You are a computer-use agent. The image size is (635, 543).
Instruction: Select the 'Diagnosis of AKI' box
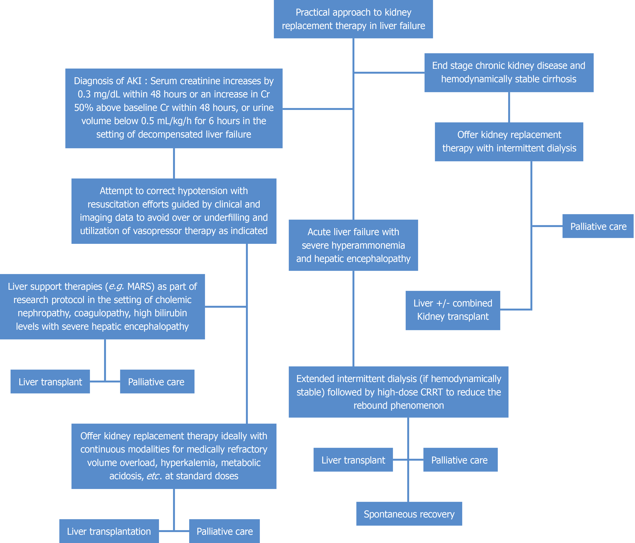click(x=174, y=108)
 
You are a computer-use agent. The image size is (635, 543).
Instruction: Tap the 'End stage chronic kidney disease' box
click(x=509, y=73)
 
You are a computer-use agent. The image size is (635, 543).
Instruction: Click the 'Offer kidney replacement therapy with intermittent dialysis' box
click(x=509, y=142)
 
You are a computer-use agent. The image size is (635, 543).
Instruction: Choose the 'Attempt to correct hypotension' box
click(x=174, y=211)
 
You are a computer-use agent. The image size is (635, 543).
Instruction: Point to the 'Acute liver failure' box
click(x=353, y=245)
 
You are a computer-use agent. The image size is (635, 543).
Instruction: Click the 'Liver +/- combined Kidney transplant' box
click(x=453, y=310)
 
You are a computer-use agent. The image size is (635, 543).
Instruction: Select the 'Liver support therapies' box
click(x=102, y=307)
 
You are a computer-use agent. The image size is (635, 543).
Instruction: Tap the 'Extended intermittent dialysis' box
click(x=398, y=392)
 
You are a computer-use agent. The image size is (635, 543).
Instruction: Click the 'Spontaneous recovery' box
click(x=409, y=514)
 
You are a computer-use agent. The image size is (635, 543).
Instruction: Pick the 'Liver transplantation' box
click(x=109, y=531)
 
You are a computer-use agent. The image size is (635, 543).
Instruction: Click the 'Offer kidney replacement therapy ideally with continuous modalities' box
click(x=174, y=456)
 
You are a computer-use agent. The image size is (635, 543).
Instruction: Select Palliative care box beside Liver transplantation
click(x=224, y=531)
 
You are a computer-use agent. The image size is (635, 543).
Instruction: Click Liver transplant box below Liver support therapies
click(x=50, y=381)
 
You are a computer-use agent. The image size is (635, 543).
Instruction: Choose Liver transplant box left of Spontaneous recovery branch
click(x=353, y=460)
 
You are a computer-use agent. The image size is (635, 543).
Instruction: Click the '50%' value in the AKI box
click(x=84, y=108)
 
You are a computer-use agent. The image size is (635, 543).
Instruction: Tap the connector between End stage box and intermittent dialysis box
click(x=509, y=107)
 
